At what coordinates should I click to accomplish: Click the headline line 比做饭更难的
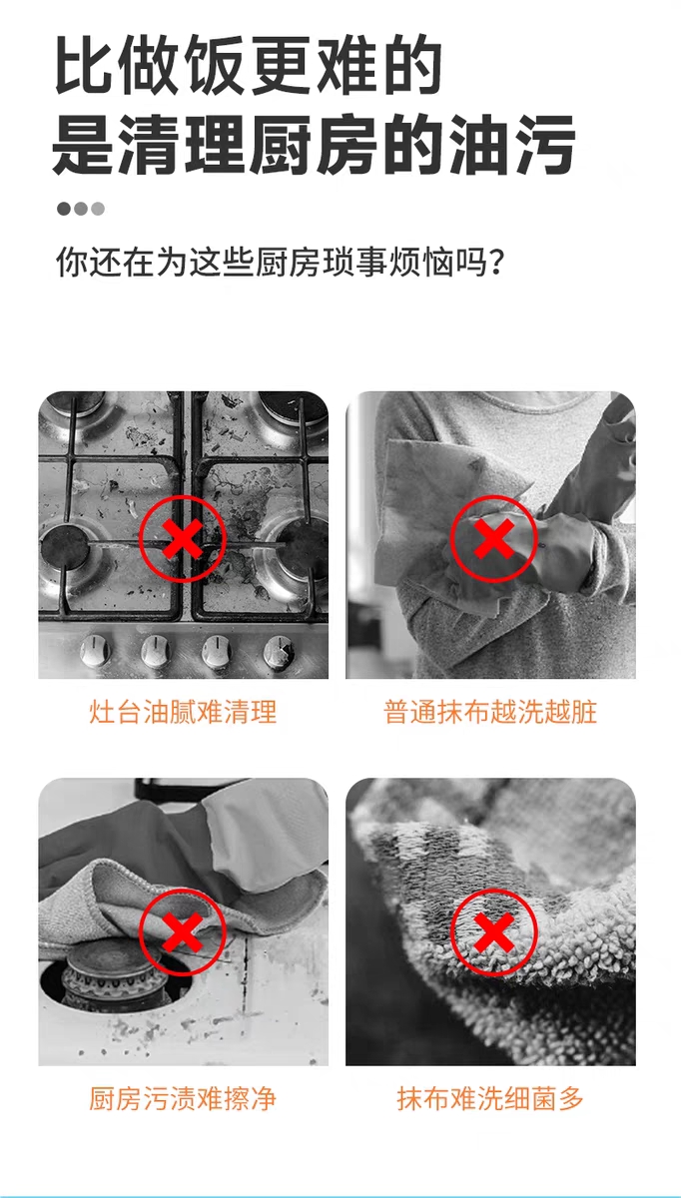247,67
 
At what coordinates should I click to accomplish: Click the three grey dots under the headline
80,209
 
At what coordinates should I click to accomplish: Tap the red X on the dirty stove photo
183,539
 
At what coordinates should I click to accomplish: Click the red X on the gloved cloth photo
493,539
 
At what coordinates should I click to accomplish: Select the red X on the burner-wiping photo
183,933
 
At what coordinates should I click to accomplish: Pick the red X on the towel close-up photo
493,933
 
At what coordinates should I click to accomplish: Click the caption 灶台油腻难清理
183,713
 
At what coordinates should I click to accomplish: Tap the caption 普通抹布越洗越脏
490,713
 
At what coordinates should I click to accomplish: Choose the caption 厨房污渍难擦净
183,1100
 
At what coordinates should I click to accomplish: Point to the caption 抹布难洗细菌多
490,1100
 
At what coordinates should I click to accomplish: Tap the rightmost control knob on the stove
280,652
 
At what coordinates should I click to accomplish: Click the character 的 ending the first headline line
409,67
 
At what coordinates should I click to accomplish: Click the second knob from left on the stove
156,652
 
